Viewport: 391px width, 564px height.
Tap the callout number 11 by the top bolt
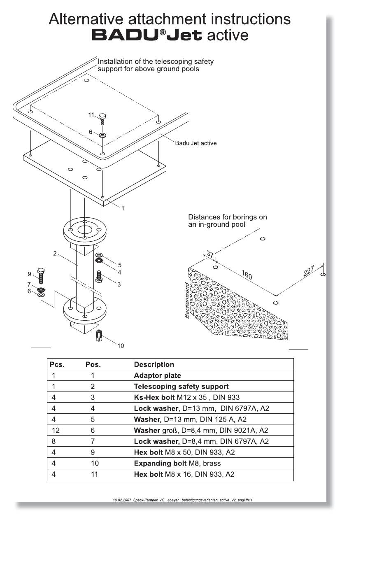(x=91, y=114)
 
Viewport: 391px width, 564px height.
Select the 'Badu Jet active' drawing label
(x=195, y=143)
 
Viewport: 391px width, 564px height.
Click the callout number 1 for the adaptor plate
(x=123, y=208)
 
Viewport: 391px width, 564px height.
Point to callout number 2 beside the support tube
(x=55, y=253)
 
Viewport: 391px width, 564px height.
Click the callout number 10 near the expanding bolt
(x=121, y=346)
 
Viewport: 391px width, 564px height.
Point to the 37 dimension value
(x=210, y=254)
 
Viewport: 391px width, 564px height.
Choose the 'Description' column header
(x=154, y=364)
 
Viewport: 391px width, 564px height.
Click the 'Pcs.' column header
(x=57, y=364)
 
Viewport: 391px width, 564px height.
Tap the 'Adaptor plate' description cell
(x=157, y=375)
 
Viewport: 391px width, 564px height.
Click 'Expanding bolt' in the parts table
(x=160, y=463)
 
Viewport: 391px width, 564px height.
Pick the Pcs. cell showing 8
(x=54, y=441)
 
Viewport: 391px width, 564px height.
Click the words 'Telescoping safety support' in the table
(x=181, y=387)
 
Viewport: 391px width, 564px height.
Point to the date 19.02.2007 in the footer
(x=122, y=500)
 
